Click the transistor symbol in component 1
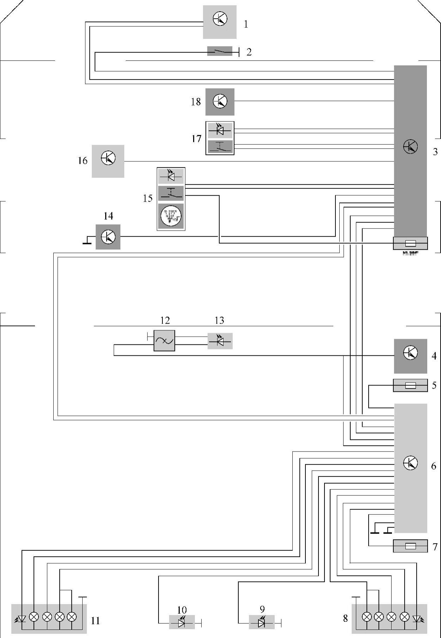[x=220, y=19]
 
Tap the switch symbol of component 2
[x=220, y=52]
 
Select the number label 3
[x=435, y=152]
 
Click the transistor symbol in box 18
[x=220, y=102]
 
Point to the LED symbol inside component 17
[x=220, y=131]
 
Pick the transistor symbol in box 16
[x=108, y=158]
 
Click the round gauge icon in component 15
[x=171, y=216]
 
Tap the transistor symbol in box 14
[x=108, y=237]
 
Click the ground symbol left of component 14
[x=87, y=241]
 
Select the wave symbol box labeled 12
[x=164, y=341]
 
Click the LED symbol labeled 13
[x=220, y=341]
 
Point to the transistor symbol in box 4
[x=410, y=353]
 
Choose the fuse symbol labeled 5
[x=410, y=385]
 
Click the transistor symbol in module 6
[x=410, y=463]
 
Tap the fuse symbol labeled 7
[x=410, y=547]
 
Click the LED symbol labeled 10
[x=182, y=623]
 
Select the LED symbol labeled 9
[x=262, y=623]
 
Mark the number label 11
[x=95, y=621]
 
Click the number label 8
[x=345, y=618]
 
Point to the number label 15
[x=148, y=198]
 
